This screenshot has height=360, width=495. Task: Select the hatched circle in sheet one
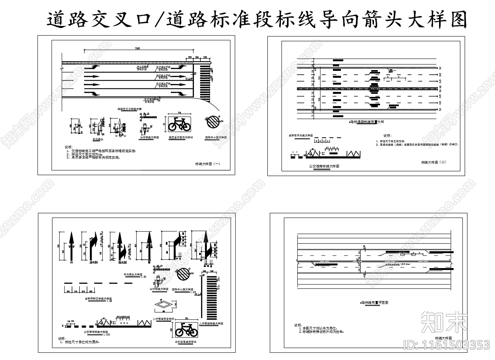click(x=213, y=123)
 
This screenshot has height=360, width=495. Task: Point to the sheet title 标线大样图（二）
click(x=433, y=162)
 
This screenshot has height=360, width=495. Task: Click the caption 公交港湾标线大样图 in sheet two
click(x=324, y=166)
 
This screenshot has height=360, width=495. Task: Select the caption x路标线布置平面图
click(x=374, y=302)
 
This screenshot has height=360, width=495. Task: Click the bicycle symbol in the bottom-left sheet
click(x=186, y=329)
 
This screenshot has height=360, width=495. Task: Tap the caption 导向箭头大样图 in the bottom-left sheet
click(x=133, y=275)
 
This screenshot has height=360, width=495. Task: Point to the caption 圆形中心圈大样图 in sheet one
click(x=216, y=137)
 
